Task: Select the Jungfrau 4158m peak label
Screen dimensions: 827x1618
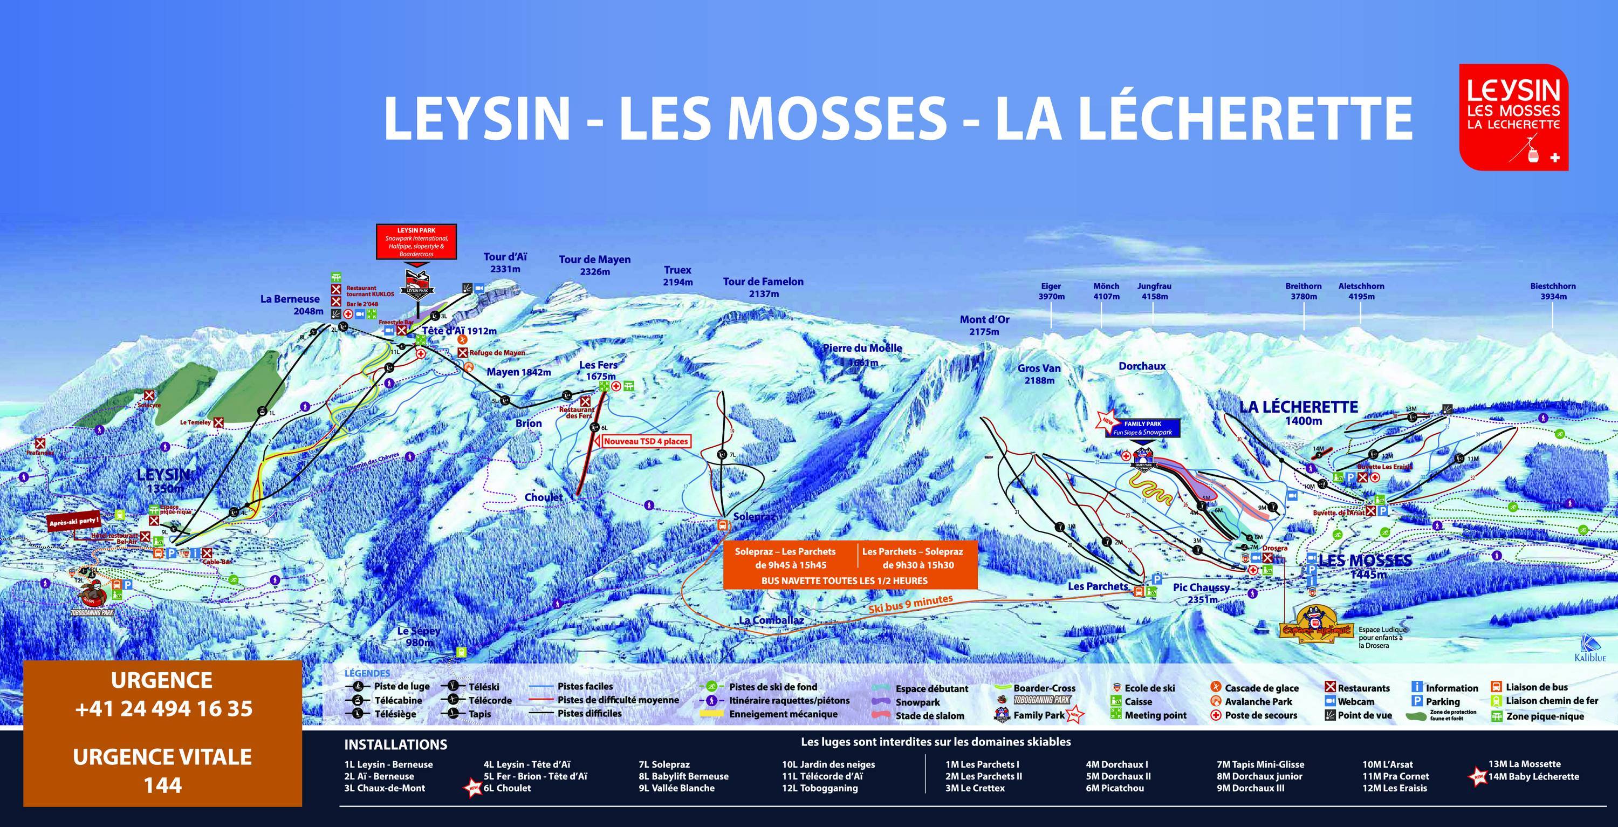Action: (x=1155, y=291)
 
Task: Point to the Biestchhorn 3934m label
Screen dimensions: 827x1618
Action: (x=1553, y=291)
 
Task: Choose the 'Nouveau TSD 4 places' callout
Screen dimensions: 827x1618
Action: (x=646, y=441)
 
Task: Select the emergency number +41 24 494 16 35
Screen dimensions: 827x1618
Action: (x=163, y=709)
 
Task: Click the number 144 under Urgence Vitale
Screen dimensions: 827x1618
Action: (x=163, y=785)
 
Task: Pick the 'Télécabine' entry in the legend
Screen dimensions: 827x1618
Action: (x=390, y=700)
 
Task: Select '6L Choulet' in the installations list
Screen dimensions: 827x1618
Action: (x=506, y=788)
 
